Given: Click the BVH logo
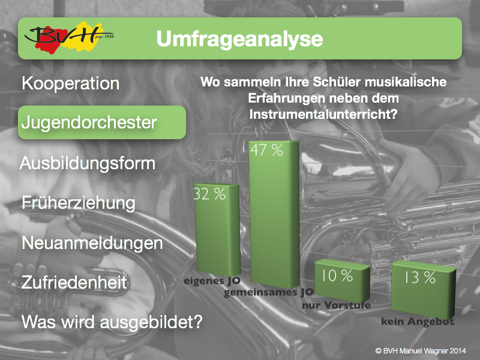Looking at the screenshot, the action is pos(69,38).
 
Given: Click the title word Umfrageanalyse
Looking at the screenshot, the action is pos(239,39).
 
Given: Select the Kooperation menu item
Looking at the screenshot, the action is pos(71,83).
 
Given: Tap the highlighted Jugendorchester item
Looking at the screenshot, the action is pos(101,122).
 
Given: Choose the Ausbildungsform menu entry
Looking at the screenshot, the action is pos(88,163).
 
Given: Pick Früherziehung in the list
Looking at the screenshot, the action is pos(79,203).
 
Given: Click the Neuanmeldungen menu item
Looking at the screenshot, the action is pos(92,244).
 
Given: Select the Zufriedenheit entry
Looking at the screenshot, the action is pos(74,282).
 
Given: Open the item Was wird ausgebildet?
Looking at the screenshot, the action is pos(112,322).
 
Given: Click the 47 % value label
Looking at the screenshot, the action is pos(266,150).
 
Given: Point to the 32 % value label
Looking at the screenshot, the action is pos(209,194).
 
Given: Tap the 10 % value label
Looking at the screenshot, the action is pos(337,275).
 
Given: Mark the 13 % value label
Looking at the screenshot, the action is pos(419,277).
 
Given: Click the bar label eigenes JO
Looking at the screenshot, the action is pos(212,281).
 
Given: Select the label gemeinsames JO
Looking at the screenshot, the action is pos(269,293).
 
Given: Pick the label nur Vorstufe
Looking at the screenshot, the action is pos(337,305).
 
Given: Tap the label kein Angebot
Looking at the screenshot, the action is pos(418,322).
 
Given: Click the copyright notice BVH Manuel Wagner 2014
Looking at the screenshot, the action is pos(421,351).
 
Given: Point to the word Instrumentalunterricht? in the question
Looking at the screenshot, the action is pos(323,115).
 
